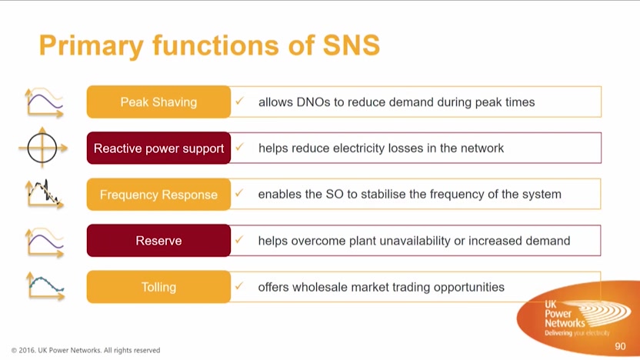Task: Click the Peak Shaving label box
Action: pos(158,102)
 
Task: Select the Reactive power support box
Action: pos(158,148)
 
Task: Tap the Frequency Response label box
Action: pos(158,195)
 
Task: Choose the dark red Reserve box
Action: pos(158,241)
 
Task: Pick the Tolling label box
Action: pos(158,287)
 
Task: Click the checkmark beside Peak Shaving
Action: pos(239,101)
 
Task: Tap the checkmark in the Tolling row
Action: pos(239,285)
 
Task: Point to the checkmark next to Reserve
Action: pos(239,239)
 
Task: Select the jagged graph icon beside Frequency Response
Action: pos(45,195)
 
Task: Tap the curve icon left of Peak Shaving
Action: pos(45,102)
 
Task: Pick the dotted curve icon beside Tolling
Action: pos(45,286)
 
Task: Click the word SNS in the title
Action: pos(352,45)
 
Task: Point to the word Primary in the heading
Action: pos(92,45)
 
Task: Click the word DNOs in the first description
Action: pos(314,102)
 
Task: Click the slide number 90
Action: pos(620,346)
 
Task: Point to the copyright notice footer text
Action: pos(85,350)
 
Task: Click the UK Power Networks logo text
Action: pos(565,314)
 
